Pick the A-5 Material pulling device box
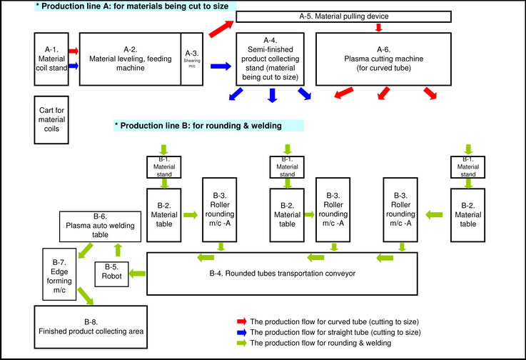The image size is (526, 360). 343,16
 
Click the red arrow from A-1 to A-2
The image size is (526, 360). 73,51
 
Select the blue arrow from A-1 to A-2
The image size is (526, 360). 73,65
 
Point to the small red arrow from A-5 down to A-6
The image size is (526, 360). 378,28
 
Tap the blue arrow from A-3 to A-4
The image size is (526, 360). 222,66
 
